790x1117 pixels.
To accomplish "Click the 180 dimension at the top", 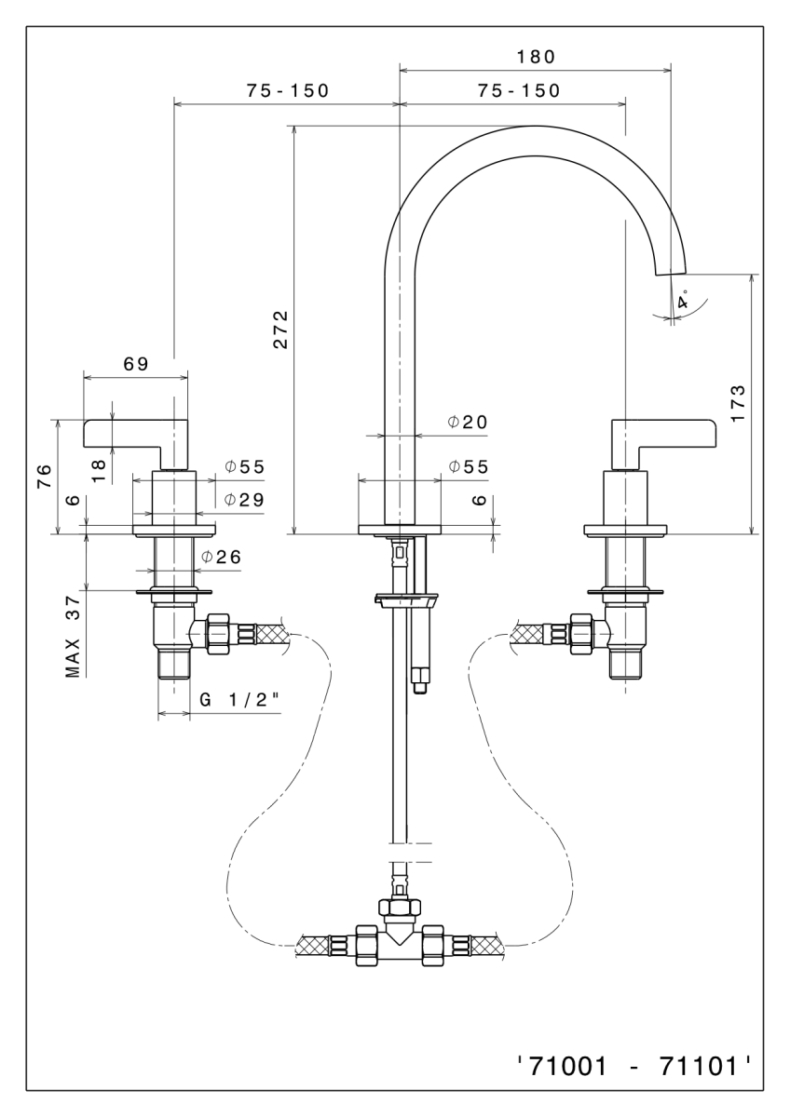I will (x=536, y=56).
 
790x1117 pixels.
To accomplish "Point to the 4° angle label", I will (x=683, y=302).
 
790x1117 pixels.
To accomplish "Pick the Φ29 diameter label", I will (x=244, y=500).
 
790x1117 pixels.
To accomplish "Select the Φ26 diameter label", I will (x=222, y=557).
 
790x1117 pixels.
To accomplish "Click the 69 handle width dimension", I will (x=136, y=364).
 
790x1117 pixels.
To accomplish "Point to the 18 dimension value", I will (x=102, y=462).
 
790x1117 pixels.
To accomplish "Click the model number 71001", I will (x=562, y=1065).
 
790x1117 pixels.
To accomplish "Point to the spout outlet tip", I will (x=673, y=271).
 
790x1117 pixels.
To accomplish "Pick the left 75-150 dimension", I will (x=288, y=90).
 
